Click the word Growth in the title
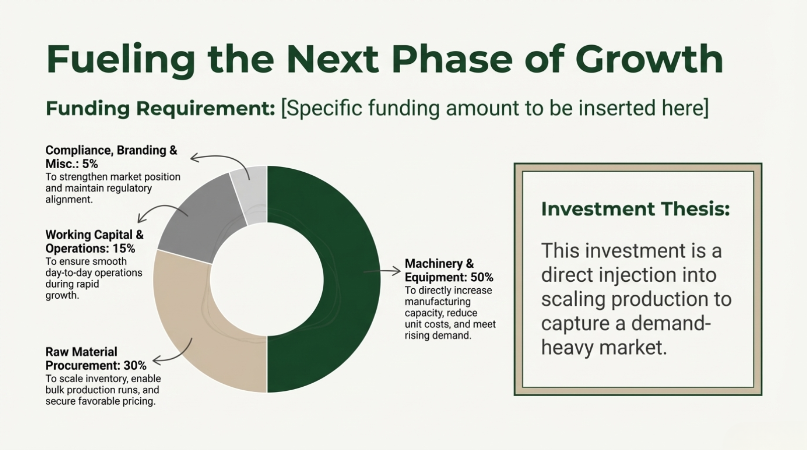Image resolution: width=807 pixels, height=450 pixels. coord(649,60)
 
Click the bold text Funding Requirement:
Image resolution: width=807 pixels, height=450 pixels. coord(160,108)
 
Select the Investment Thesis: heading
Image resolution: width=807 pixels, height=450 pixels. coord(636,209)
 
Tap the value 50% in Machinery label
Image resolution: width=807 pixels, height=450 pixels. coord(482,277)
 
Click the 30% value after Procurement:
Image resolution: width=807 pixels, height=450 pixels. coord(135,366)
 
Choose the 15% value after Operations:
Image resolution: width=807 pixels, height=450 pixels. coord(124,249)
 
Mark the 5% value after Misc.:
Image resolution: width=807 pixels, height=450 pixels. coord(90,164)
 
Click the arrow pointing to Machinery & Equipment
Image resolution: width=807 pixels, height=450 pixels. coord(382,271)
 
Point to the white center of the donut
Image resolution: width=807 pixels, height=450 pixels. coord(267,279)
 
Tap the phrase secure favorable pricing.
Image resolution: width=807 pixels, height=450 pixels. coord(101,401)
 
